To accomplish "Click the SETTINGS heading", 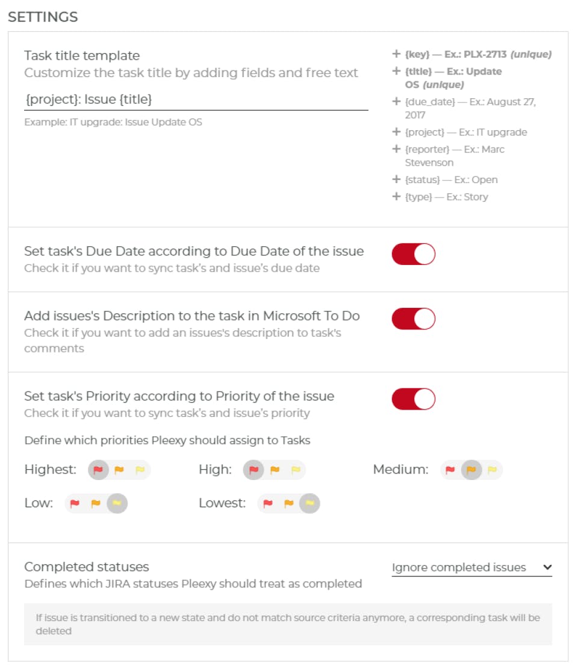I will (x=43, y=17).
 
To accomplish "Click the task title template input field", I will (x=196, y=99).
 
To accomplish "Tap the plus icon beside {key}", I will (x=396, y=54).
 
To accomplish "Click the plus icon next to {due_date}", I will (x=396, y=102).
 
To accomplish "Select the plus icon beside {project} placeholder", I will (x=396, y=132).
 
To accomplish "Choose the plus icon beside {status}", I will (x=396, y=179).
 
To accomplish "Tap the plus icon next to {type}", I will (x=396, y=196).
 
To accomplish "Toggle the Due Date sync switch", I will (x=413, y=254).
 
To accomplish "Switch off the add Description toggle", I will (x=413, y=319).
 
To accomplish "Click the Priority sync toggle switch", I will (x=413, y=399).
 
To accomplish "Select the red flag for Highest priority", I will (x=98, y=470).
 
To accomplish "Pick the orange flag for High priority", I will (x=275, y=470).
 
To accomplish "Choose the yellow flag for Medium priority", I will (x=492, y=470).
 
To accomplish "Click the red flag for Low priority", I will (x=75, y=504).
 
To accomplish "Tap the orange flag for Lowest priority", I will (x=289, y=504).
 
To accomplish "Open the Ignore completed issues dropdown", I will (x=471, y=567).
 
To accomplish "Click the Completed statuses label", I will (x=87, y=567).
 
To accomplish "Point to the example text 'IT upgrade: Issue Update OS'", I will (x=113, y=122).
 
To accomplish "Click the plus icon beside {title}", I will (x=396, y=71).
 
